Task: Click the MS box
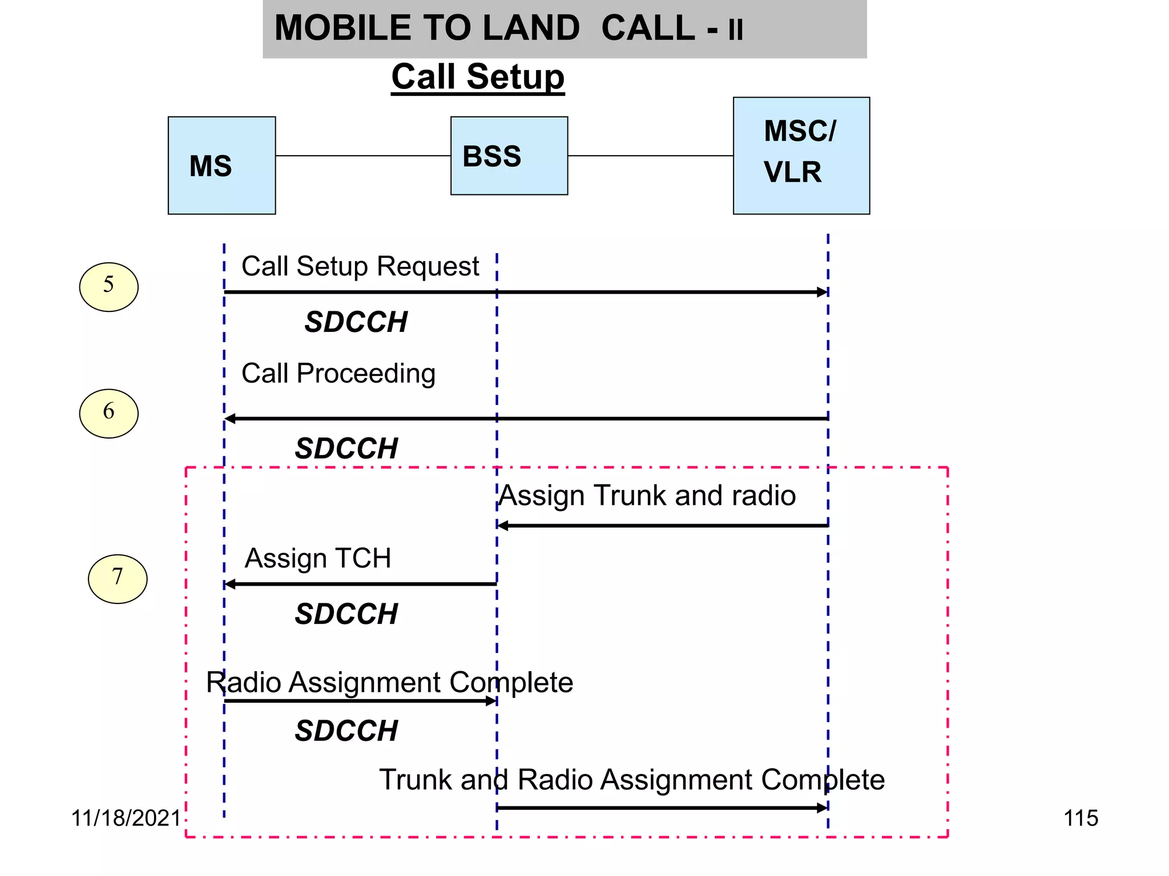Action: [221, 165]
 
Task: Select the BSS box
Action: [509, 156]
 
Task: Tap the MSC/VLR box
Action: [801, 156]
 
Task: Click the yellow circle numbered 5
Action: [108, 286]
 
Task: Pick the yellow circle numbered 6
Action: [108, 413]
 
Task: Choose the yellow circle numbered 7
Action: [118, 578]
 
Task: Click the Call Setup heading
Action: [478, 77]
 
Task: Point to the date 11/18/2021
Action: [126, 818]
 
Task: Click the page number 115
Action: [1081, 818]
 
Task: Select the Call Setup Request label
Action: [360, 266]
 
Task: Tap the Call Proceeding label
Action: [338, 374]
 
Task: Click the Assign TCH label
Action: [318, 558]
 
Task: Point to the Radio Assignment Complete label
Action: [389, 682]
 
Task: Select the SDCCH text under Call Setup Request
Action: [356, 322]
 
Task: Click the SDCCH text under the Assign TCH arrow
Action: [346, 614]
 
